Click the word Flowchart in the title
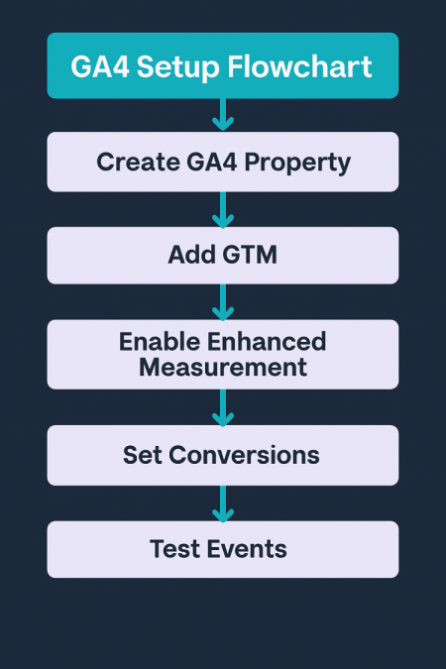[299, 66]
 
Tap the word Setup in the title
[178, 67]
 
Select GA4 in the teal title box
[100, 67]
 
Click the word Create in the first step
[139, 163]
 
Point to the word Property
[297, 164]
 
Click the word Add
[190, 255]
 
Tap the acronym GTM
[249, 255]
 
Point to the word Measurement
[223, 367]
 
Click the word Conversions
[244, 455]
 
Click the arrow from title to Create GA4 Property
[223, 114]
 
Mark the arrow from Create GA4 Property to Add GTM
[223, 210]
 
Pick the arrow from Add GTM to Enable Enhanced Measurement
[223, 302]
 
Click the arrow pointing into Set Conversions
[223, 408]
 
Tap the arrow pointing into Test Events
[223, 503]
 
